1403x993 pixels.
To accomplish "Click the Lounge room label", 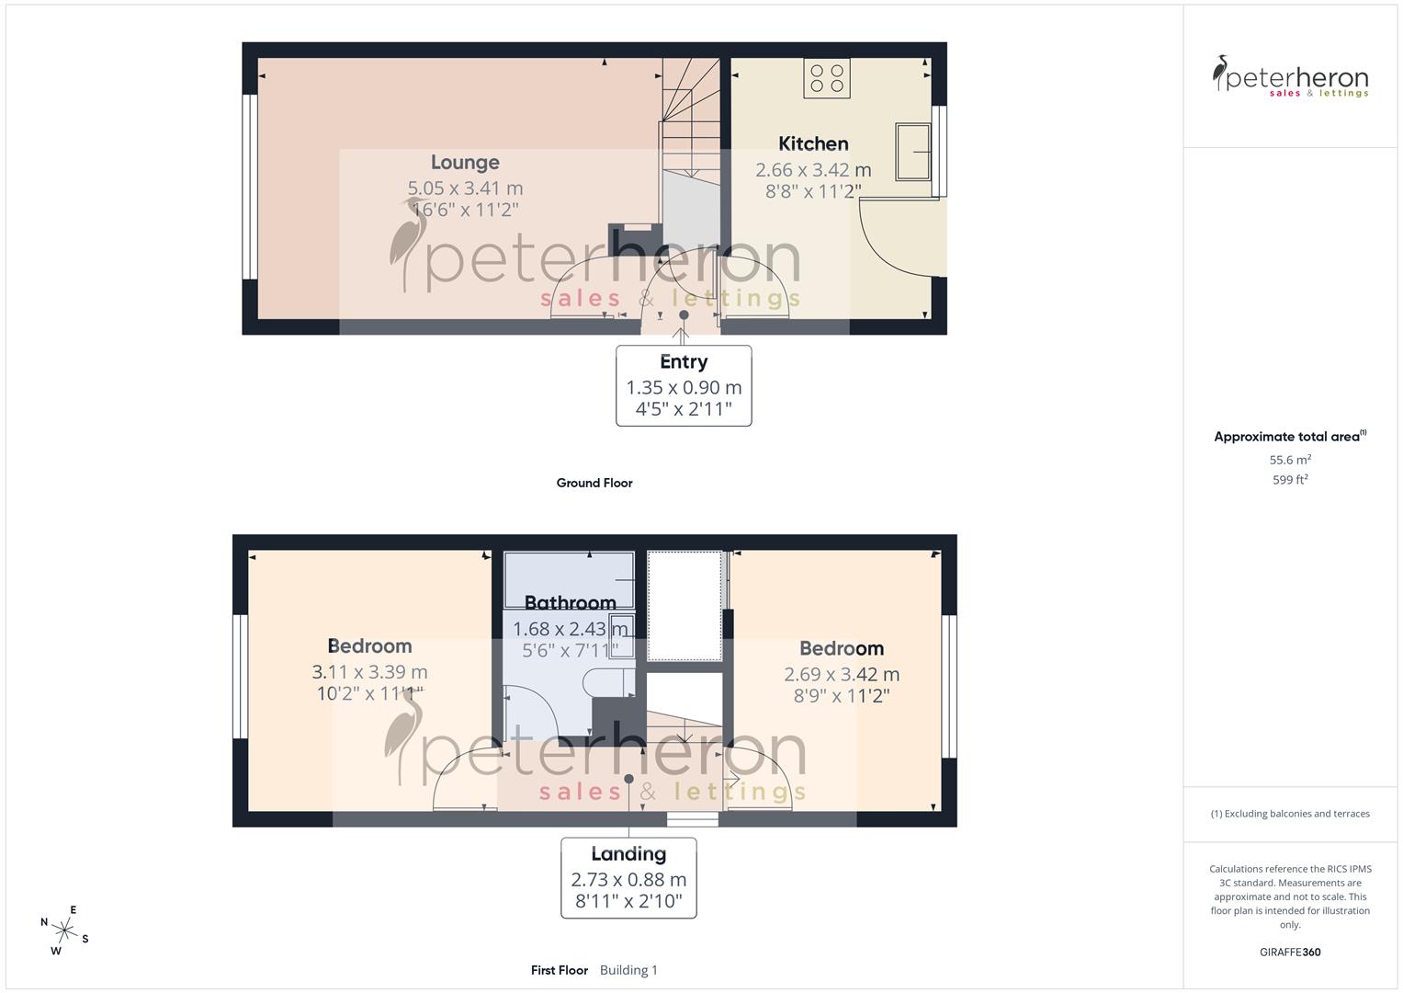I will tap(465, 163).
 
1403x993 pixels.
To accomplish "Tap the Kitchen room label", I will tap(813, 143).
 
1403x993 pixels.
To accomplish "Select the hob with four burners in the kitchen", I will tap(826, 77).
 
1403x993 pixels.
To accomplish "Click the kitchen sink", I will tap(913, 152).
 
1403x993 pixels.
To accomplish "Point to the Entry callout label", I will tap(684, 362).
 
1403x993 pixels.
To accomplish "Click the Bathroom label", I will tap(570, 603).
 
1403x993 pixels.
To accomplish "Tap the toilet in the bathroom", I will tap(610, 682).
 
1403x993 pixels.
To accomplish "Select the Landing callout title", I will tap(628, 854).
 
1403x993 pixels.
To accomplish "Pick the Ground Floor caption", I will tap(594, 483).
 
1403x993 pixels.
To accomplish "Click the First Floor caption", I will tap(560, 970).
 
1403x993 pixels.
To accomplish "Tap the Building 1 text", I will tap(628, 970).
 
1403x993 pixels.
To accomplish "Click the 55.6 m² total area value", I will tap(1290, 460).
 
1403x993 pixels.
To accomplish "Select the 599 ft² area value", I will tap(1290, 480).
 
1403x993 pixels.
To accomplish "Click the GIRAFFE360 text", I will tap(1290, 953).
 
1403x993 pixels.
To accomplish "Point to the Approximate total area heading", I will tap(1288, 437).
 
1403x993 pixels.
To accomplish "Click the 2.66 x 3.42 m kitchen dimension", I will tap(813, 170).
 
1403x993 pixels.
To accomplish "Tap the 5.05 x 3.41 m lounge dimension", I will tap(465, 188).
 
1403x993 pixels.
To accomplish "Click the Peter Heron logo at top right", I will tap(1290, 76).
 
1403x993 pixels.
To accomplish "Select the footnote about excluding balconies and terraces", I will tap(1290, 814).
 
